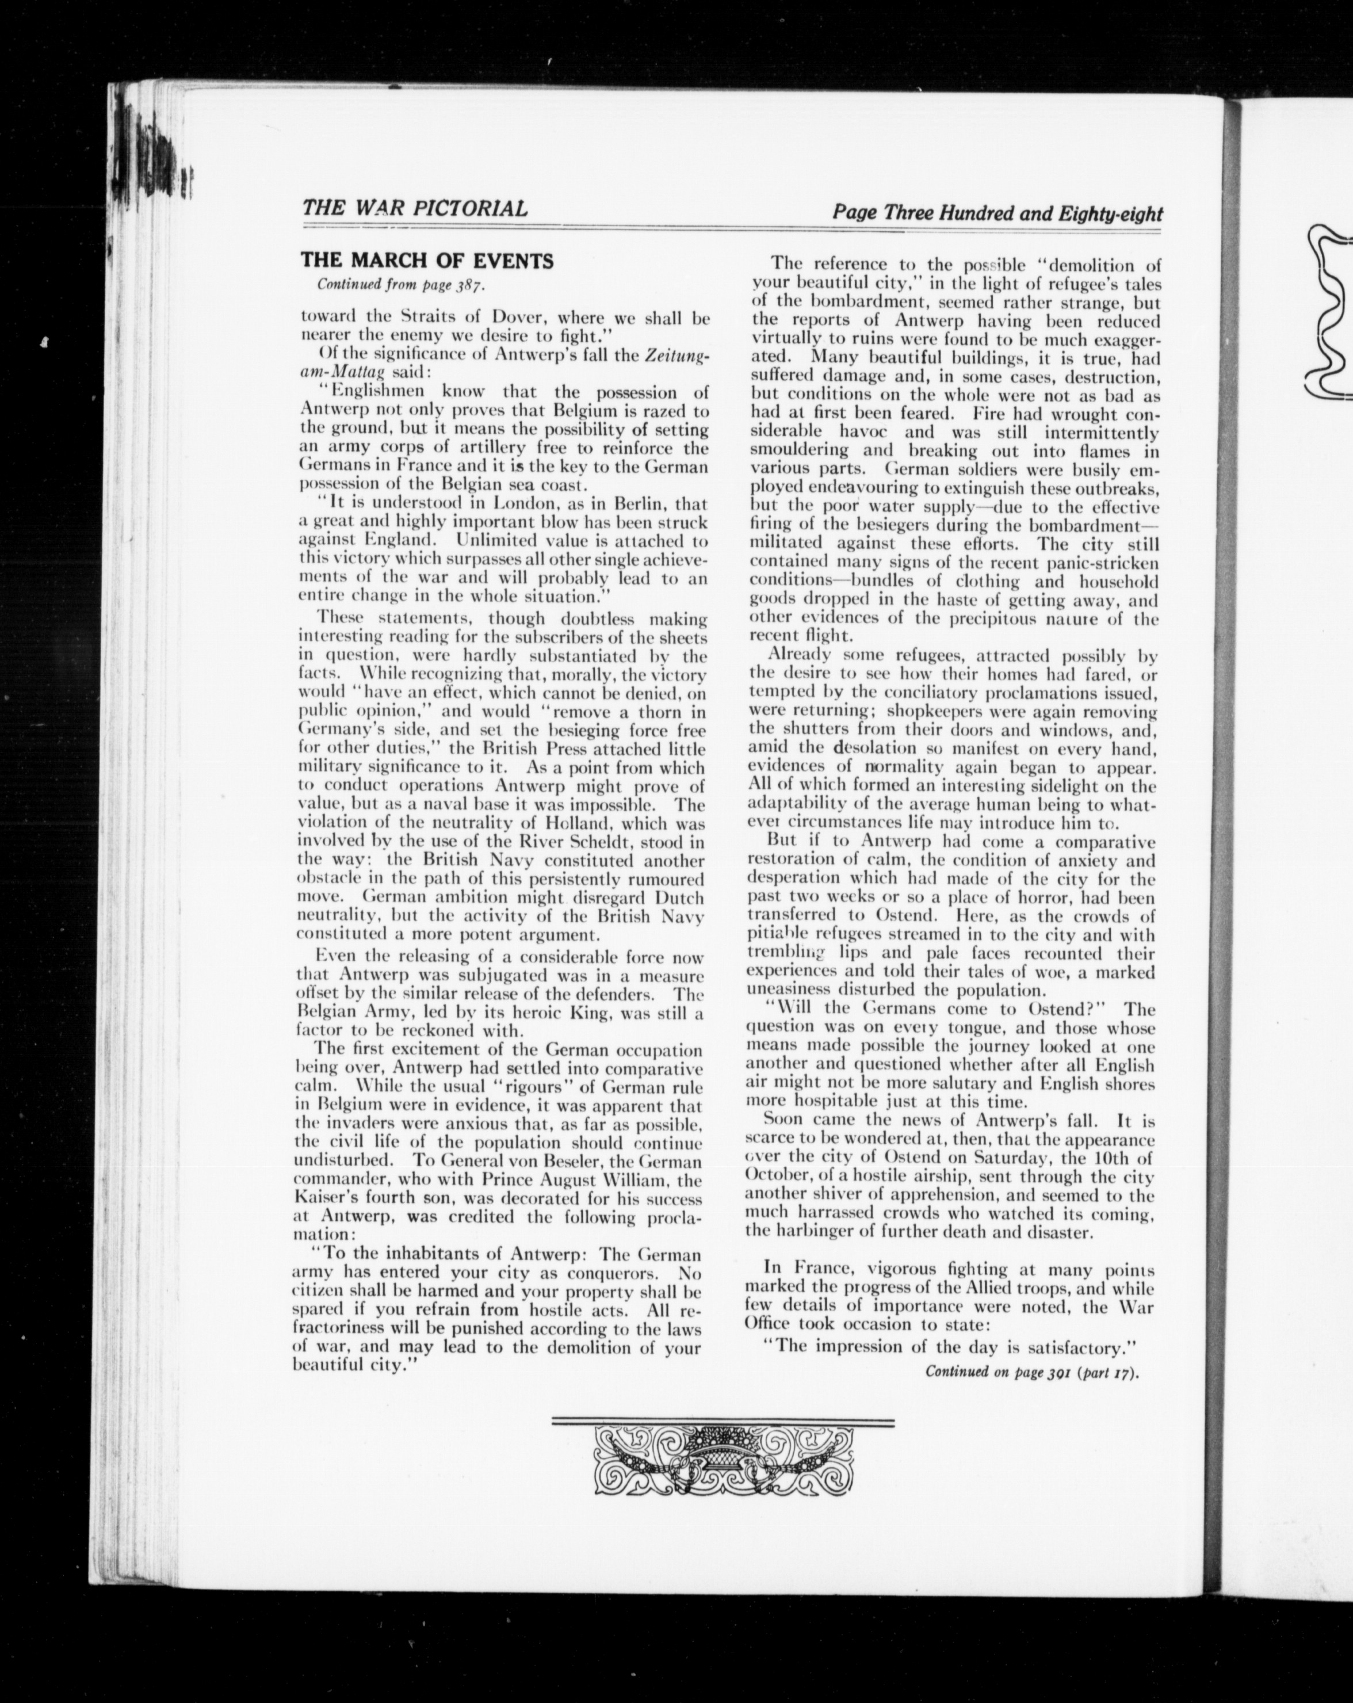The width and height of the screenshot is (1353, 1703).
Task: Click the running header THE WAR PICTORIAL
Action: tap(415, 208)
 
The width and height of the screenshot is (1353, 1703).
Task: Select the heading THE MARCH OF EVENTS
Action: tap(427, 261)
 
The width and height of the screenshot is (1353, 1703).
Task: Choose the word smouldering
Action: tap(800, 450)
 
